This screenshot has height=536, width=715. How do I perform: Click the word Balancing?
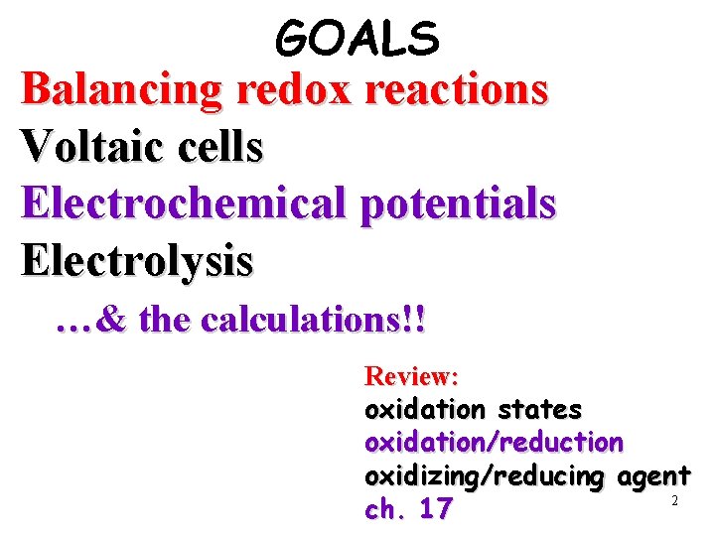(x=121, y=89)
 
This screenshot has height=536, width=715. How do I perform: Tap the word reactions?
(x=457, y=89)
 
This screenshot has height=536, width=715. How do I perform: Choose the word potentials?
(x=459, y=203)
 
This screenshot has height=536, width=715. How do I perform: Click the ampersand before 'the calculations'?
(x=113, y=321)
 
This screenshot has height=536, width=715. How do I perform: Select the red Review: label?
(x=411, y=376)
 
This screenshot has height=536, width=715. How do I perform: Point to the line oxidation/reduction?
(x=495, y=442)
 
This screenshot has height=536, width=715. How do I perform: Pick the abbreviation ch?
(x=386, y=510)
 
